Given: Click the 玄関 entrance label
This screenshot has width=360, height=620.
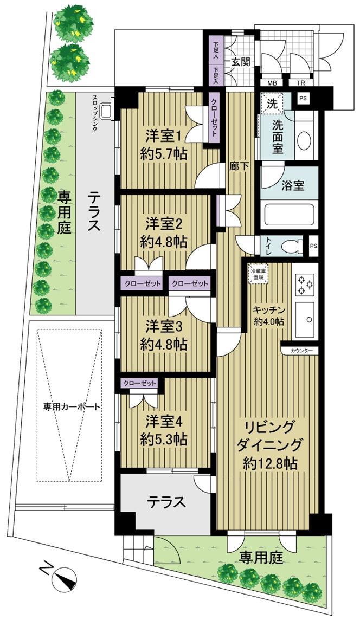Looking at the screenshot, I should pyautogui.click(x=238, y=61).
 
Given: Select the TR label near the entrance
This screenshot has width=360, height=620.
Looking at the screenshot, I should pyautogui.click(x=300, y=83).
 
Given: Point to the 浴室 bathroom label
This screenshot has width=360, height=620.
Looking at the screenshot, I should pyautogui.click(x=292, y=185).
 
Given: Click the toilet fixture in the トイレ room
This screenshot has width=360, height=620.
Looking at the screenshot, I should pyautogui.click(x=290, y=246).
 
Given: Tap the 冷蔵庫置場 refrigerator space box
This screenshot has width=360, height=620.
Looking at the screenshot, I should pyautogui.click(x=257, y=274).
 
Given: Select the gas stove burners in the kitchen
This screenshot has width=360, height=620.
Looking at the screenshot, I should pyautogui.click(x=304, y=283).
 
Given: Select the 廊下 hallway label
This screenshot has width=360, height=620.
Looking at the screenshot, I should pyautogui.click(x=239, y=167).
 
